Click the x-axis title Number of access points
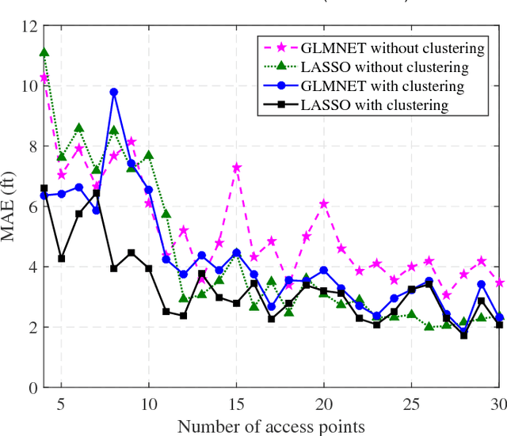click(x=271, y=427)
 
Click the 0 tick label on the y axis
click(x=32, y=388)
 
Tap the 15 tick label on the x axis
click(x=236, y=403)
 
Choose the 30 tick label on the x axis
click(x=498, y=403)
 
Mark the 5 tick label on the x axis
click(x=61, y=403)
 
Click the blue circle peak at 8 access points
click(x=113, y=93)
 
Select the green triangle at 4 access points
click(x=44, y=53)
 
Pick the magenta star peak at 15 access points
click(x=236, y=167)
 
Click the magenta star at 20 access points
click(x=324, y=203)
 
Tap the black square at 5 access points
click(x=61, y=259)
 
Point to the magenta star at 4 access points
click(x=44, y=78)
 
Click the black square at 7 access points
click(x=96, y=194)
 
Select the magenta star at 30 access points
click(x=498, y=282)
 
